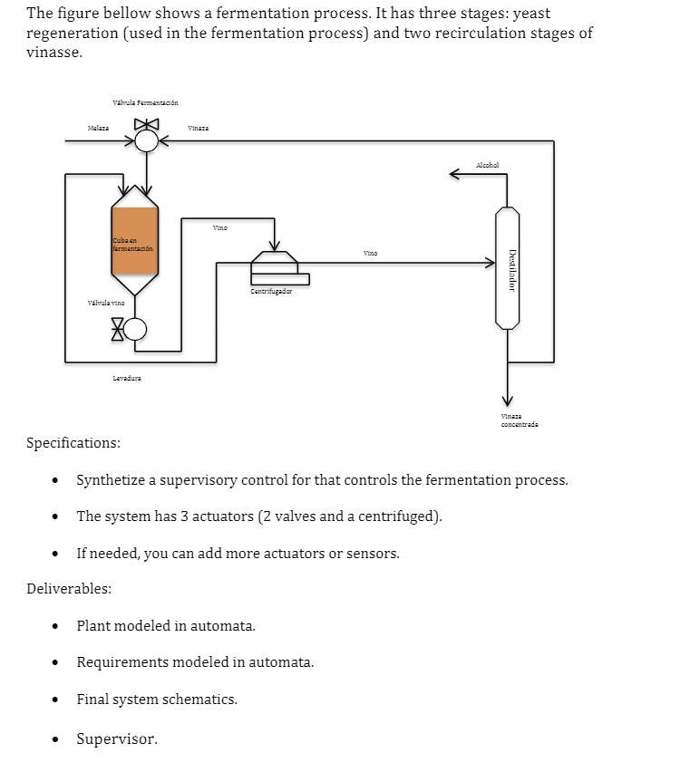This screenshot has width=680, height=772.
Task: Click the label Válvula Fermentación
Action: [145, 102]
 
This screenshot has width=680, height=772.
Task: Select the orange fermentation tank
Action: [134, 240]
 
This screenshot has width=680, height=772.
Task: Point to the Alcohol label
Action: [487, 165]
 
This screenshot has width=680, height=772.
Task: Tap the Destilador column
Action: [508, 267]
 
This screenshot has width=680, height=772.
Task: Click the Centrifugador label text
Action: [271, 292]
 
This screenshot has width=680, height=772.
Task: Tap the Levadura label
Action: [126, 378]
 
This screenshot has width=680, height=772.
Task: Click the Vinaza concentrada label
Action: [519, 420]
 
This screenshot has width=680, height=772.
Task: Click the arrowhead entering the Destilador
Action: [491, 264]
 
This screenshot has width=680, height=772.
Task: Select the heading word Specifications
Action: [73, 443]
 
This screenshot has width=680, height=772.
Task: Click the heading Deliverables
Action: [70, 589]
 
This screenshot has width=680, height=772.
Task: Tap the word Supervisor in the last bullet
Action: [117, 739]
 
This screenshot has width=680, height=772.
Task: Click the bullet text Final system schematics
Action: [157, 700]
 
